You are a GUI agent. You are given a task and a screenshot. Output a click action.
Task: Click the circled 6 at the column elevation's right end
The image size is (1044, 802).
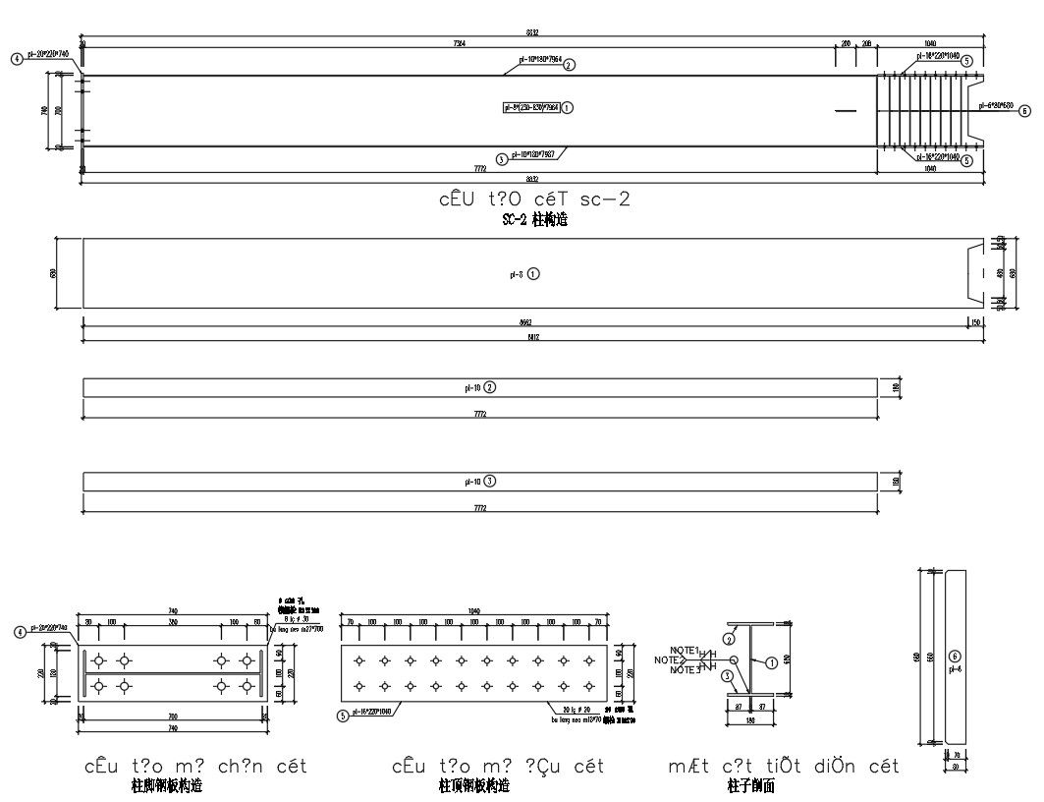pyautogui.click(x=1024, y=111)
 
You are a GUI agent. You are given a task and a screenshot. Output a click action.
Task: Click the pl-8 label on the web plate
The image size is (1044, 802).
pyautogui.click(x=515, y=275)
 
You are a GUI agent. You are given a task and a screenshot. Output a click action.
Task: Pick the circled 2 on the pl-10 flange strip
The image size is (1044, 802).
pyautogui.click(x=490, y=387)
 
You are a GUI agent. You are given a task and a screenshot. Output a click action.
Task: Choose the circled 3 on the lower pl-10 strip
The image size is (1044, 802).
pyautogui.click(x=490, y=482)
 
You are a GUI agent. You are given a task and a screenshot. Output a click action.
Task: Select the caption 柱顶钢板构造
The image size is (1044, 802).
pyautogui.click(x=474, y=786)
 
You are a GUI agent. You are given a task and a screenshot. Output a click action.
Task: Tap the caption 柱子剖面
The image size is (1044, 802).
pyautogui.click(x=751, y=786)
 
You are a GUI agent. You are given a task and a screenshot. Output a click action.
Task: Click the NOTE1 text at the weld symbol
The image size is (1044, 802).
pyautogui.click(x=684, y=651)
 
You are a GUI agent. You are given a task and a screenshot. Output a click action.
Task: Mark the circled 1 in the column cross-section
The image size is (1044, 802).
pyautogui.click(x=772, y=663)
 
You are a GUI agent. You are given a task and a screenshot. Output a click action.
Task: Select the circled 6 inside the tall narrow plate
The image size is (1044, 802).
pyautogui.click(x=952, y=656)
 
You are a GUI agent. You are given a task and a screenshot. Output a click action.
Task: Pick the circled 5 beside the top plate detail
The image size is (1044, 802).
pyautogui.click(x=342, y=716)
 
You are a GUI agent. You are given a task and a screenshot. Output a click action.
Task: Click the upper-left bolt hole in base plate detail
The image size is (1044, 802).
pyautogui.click(x=99, y=659)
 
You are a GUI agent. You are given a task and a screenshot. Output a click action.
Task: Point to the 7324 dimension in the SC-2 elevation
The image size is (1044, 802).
pyautogui.click(x=459, y=44)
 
